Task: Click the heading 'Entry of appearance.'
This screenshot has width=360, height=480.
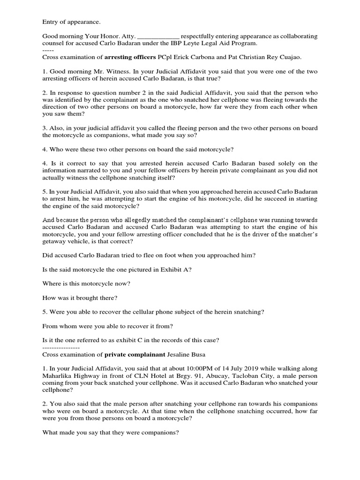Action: [71, 22]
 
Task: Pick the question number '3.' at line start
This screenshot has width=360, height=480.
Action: [45, 129]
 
